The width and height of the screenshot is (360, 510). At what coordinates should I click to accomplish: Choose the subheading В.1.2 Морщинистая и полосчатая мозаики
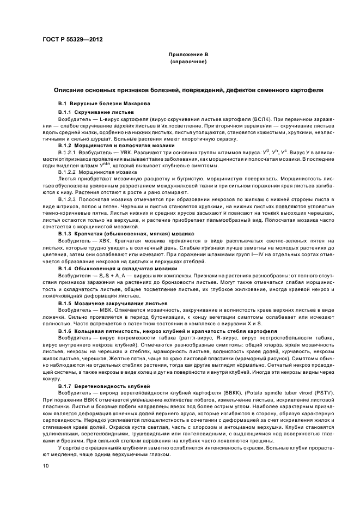pyautogui.click(x=107, y=146)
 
